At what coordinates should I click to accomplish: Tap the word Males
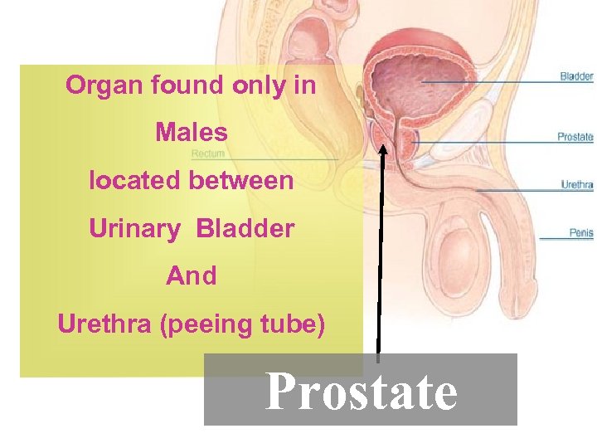point(191,133)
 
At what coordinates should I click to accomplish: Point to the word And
point(191,276)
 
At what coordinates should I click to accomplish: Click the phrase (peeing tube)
point(243,324)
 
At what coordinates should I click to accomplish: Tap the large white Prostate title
point(361,392)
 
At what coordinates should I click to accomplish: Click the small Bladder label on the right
point(576,77)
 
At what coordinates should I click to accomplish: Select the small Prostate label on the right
point(575,137)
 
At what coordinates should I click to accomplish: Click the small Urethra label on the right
point(576,185)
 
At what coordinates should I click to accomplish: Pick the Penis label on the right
point(580,233)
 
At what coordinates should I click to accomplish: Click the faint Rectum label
point(208,153)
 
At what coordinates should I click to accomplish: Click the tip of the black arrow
point(383,149)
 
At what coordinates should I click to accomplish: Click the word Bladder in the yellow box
point(245,229)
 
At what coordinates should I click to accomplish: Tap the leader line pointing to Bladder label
point(489,81)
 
